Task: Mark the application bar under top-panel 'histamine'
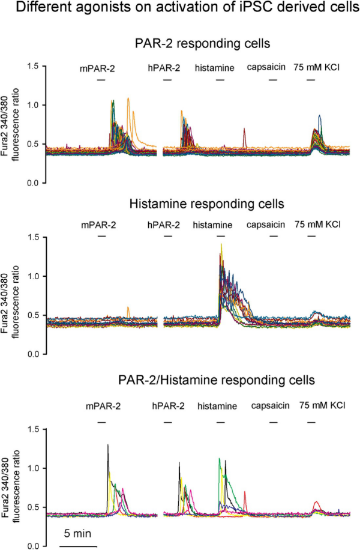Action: tap(220, 79)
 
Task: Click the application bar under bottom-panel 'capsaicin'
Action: tap(274, 422)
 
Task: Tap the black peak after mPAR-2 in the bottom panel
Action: tap(108, 446)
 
